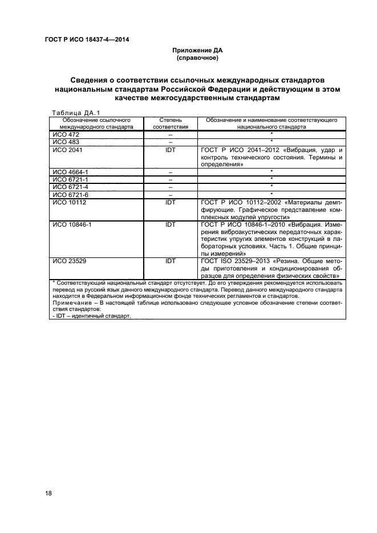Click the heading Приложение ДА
[197, 51]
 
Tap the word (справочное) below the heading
[197, 58]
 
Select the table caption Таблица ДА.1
[75, 112]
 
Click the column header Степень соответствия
[170, 124]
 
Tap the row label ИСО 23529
[69, 260]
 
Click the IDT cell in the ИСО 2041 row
[170, 149]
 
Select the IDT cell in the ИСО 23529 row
[170, 260]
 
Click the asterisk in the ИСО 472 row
[271, 134]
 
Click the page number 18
[48, 493]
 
